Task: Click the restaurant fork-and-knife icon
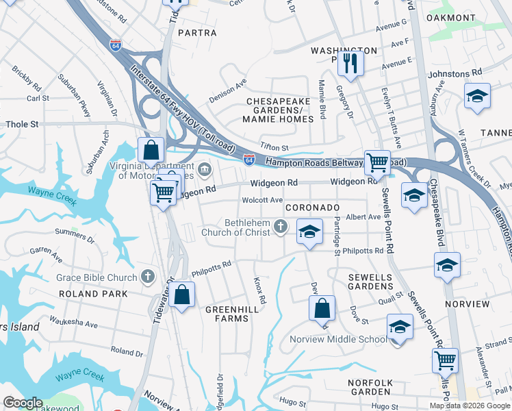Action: tap(350, 63)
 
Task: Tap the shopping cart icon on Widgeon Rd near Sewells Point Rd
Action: tap(376, 162)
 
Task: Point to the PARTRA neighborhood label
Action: tap(197, 33)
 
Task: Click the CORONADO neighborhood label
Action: tap(312, 207)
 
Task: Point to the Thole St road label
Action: tap(23, 125)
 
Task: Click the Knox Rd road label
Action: tap(259, 291)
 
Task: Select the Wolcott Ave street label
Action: tap(263, 200)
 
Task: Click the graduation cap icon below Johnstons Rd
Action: tap(477, 96)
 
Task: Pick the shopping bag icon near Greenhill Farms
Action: tap(182, 295)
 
